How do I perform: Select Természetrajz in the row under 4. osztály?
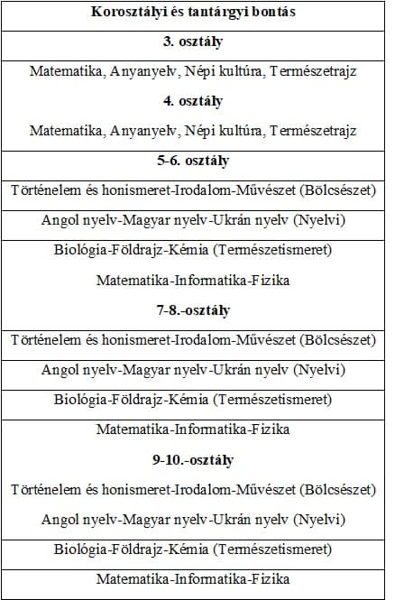click(x=313, y=130)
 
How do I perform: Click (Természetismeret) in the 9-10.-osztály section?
click(x=277, y=549)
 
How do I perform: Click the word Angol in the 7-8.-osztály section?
click(x=60, y=370)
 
